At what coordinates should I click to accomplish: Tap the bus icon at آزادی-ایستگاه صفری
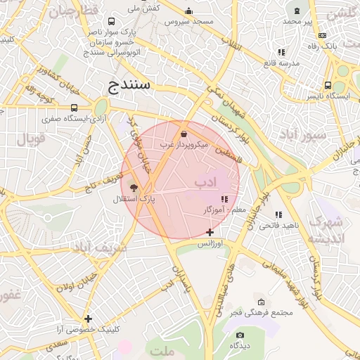(74, 108)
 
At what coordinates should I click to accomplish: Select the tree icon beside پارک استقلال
(134, 188)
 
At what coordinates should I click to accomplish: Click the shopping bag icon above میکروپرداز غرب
(184, 133)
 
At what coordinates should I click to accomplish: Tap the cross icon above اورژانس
(210, 232)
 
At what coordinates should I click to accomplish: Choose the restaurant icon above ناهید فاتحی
(278, 214)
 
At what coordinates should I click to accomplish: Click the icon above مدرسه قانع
(281, 52)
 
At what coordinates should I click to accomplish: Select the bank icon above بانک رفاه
(322, 35)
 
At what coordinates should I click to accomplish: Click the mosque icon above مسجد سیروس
(188, 11)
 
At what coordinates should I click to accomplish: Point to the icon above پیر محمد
(297, 11)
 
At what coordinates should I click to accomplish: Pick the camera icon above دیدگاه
(240, 335)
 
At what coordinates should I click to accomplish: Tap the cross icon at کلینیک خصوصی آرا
(88, 319)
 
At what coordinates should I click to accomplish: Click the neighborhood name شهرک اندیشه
(326, 230)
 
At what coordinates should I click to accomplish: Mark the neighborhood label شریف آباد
(100, 247)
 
